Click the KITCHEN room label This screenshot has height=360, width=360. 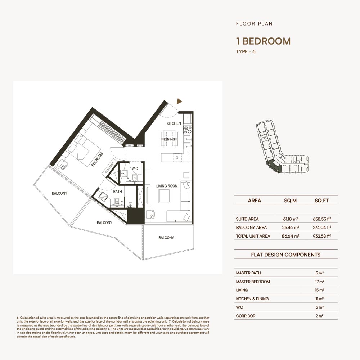click(174, 123)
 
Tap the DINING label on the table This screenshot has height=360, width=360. click(169, 139)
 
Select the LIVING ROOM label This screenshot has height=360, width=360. click(167, 186)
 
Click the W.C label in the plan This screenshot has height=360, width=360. click(135, 168)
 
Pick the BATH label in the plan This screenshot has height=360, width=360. click(117, 192)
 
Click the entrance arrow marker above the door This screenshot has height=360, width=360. click(179, 102)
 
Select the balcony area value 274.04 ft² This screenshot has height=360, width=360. click(322, 228)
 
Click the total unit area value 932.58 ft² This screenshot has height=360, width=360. click(322, 236)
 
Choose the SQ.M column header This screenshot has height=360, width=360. click(290, 201)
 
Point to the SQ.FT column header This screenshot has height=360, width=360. click(321, 201)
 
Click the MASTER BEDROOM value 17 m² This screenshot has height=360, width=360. click(319, 282)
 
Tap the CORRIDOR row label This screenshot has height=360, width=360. click(246, 316)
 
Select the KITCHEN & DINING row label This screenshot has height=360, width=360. click(252, 299)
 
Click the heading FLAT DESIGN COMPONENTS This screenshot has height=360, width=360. click(285, 255)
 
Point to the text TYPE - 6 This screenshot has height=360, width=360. click(246, 51)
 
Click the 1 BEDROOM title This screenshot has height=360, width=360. click(263, 41)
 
